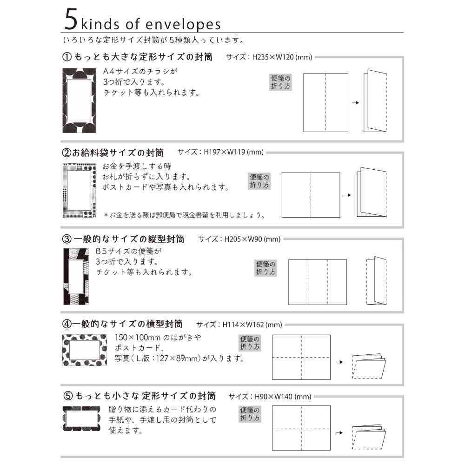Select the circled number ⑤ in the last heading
click(67, 396)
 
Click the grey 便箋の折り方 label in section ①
click(281, 82)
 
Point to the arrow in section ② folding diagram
click(347, 195)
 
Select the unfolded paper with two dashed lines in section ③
click(318, 282)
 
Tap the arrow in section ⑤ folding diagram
click(339, 432)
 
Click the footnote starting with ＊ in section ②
click(185, 215)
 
